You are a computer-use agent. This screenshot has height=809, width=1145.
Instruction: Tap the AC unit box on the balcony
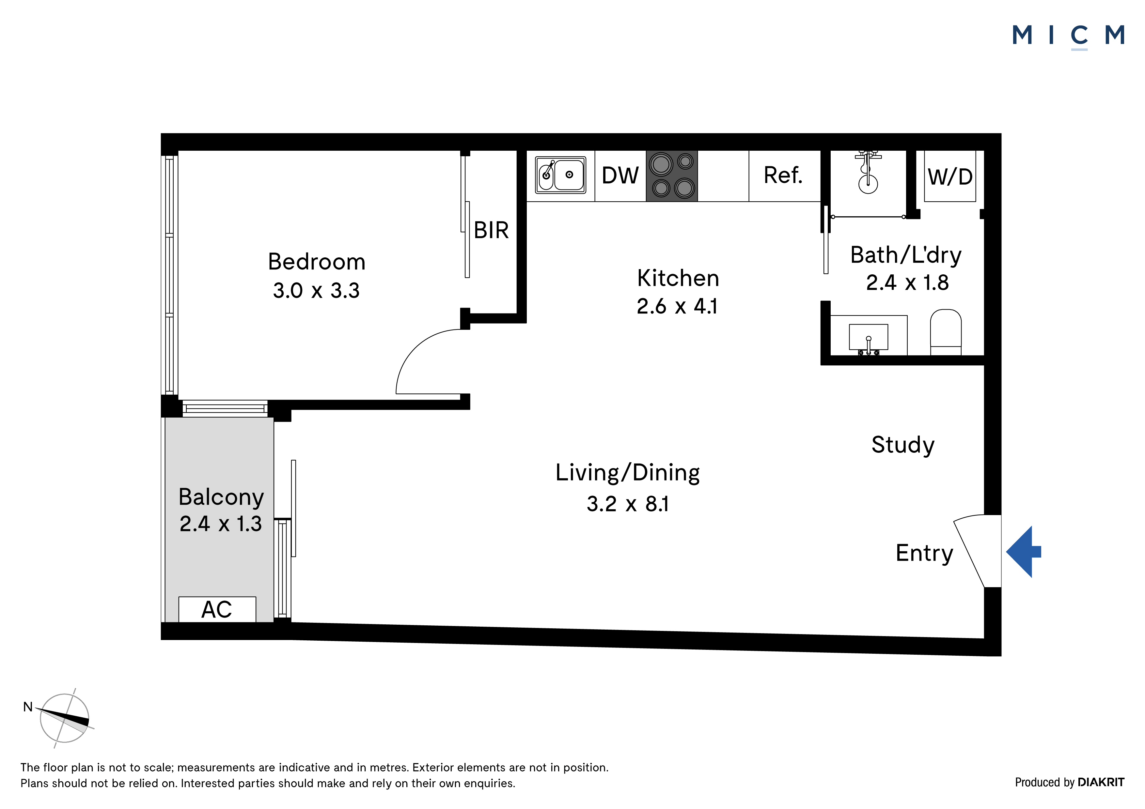coord(217,609)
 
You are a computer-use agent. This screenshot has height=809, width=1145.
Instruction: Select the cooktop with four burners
coord(672,176)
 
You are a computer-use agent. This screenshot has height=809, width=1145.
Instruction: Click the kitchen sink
coord(560,175)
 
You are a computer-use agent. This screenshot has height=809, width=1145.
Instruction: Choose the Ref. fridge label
coord(783,176)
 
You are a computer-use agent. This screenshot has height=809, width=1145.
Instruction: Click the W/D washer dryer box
coord(950,176)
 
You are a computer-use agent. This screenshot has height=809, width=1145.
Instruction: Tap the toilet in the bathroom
coord(946,332)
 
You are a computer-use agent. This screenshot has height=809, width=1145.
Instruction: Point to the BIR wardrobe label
coord(491,230)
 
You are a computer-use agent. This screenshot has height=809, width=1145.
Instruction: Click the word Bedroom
coord(317,262)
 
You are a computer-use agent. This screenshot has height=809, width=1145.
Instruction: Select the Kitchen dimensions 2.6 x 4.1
coord(678,306)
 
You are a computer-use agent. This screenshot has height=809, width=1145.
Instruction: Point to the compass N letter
coord(28,707)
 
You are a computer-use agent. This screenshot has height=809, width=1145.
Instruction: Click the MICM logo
coord(1068,36)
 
